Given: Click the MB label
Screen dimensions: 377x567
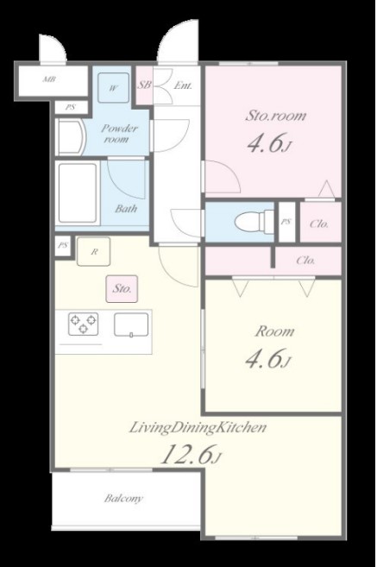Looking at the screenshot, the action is pyautogui.click(x=49, y=79).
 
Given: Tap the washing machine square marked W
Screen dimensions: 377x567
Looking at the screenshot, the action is pyautogui.click(x=114, y=88).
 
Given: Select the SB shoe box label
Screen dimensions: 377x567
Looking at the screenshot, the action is pyautogui.click(x=144, y=85).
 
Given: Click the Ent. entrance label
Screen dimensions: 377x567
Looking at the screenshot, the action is pyautogui.click(x=183, y=86).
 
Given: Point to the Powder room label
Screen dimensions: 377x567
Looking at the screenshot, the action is pyautogui.click(x=118, y=134).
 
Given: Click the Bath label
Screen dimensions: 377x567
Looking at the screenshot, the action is pyautogui.click(x=126, y=209).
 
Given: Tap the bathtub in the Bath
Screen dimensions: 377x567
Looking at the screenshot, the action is pyautogui.click(x=78, y=193).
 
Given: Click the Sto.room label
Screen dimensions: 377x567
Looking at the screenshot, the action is pyautogui.click(x=275, y=116).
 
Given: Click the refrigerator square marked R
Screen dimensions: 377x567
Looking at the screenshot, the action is pyautogui.click(x=94, y=252).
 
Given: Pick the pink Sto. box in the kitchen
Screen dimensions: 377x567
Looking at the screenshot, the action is pyautogui.click(x=122, y=288).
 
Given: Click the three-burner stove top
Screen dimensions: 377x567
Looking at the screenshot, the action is pyautogui.click(x=83, y=324).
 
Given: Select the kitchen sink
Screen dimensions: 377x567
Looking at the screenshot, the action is pyautogui.click(x=131, y=324).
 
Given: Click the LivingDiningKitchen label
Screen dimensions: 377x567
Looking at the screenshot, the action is pyautogui.click(x=198, y=427).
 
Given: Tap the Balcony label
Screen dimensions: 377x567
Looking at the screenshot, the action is pyautogui.click(x=123, y=499).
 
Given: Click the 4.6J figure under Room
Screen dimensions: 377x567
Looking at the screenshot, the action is pyautogui.click(x=267, y=359).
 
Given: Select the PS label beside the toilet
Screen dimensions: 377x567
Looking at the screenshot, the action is pyautogui.click(x=286, y=222).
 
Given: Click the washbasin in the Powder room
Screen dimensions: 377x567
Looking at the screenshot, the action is pyautogui.click(x=72, y=138).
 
